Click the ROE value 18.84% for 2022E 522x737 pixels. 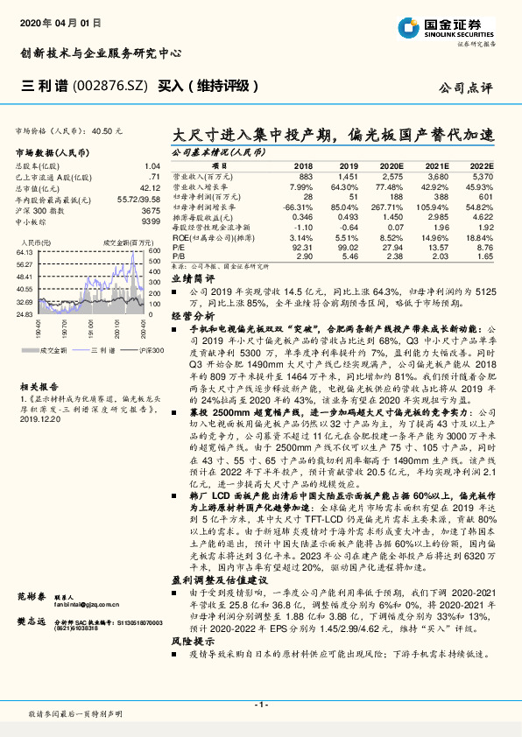[479, 237]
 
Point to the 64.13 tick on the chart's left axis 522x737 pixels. [25, 251]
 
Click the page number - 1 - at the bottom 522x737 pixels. [261, 704]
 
